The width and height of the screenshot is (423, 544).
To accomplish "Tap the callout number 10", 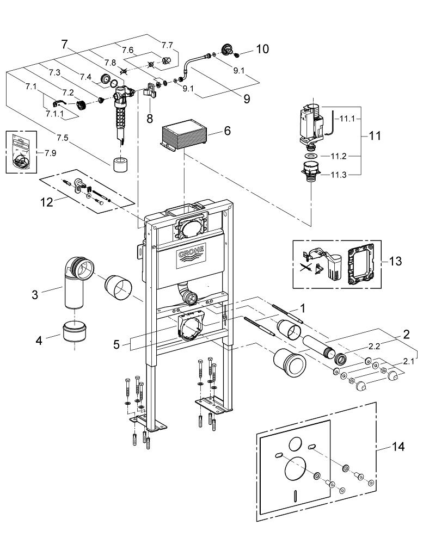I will [x=262, y=50].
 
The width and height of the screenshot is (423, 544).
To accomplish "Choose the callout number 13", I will [x=395, y=262].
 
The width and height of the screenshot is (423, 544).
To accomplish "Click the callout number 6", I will [x=227, y=132].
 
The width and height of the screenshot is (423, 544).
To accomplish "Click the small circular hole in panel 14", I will [x=295, y=443].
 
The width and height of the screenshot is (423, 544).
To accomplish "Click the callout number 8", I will [x=149, y=118].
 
